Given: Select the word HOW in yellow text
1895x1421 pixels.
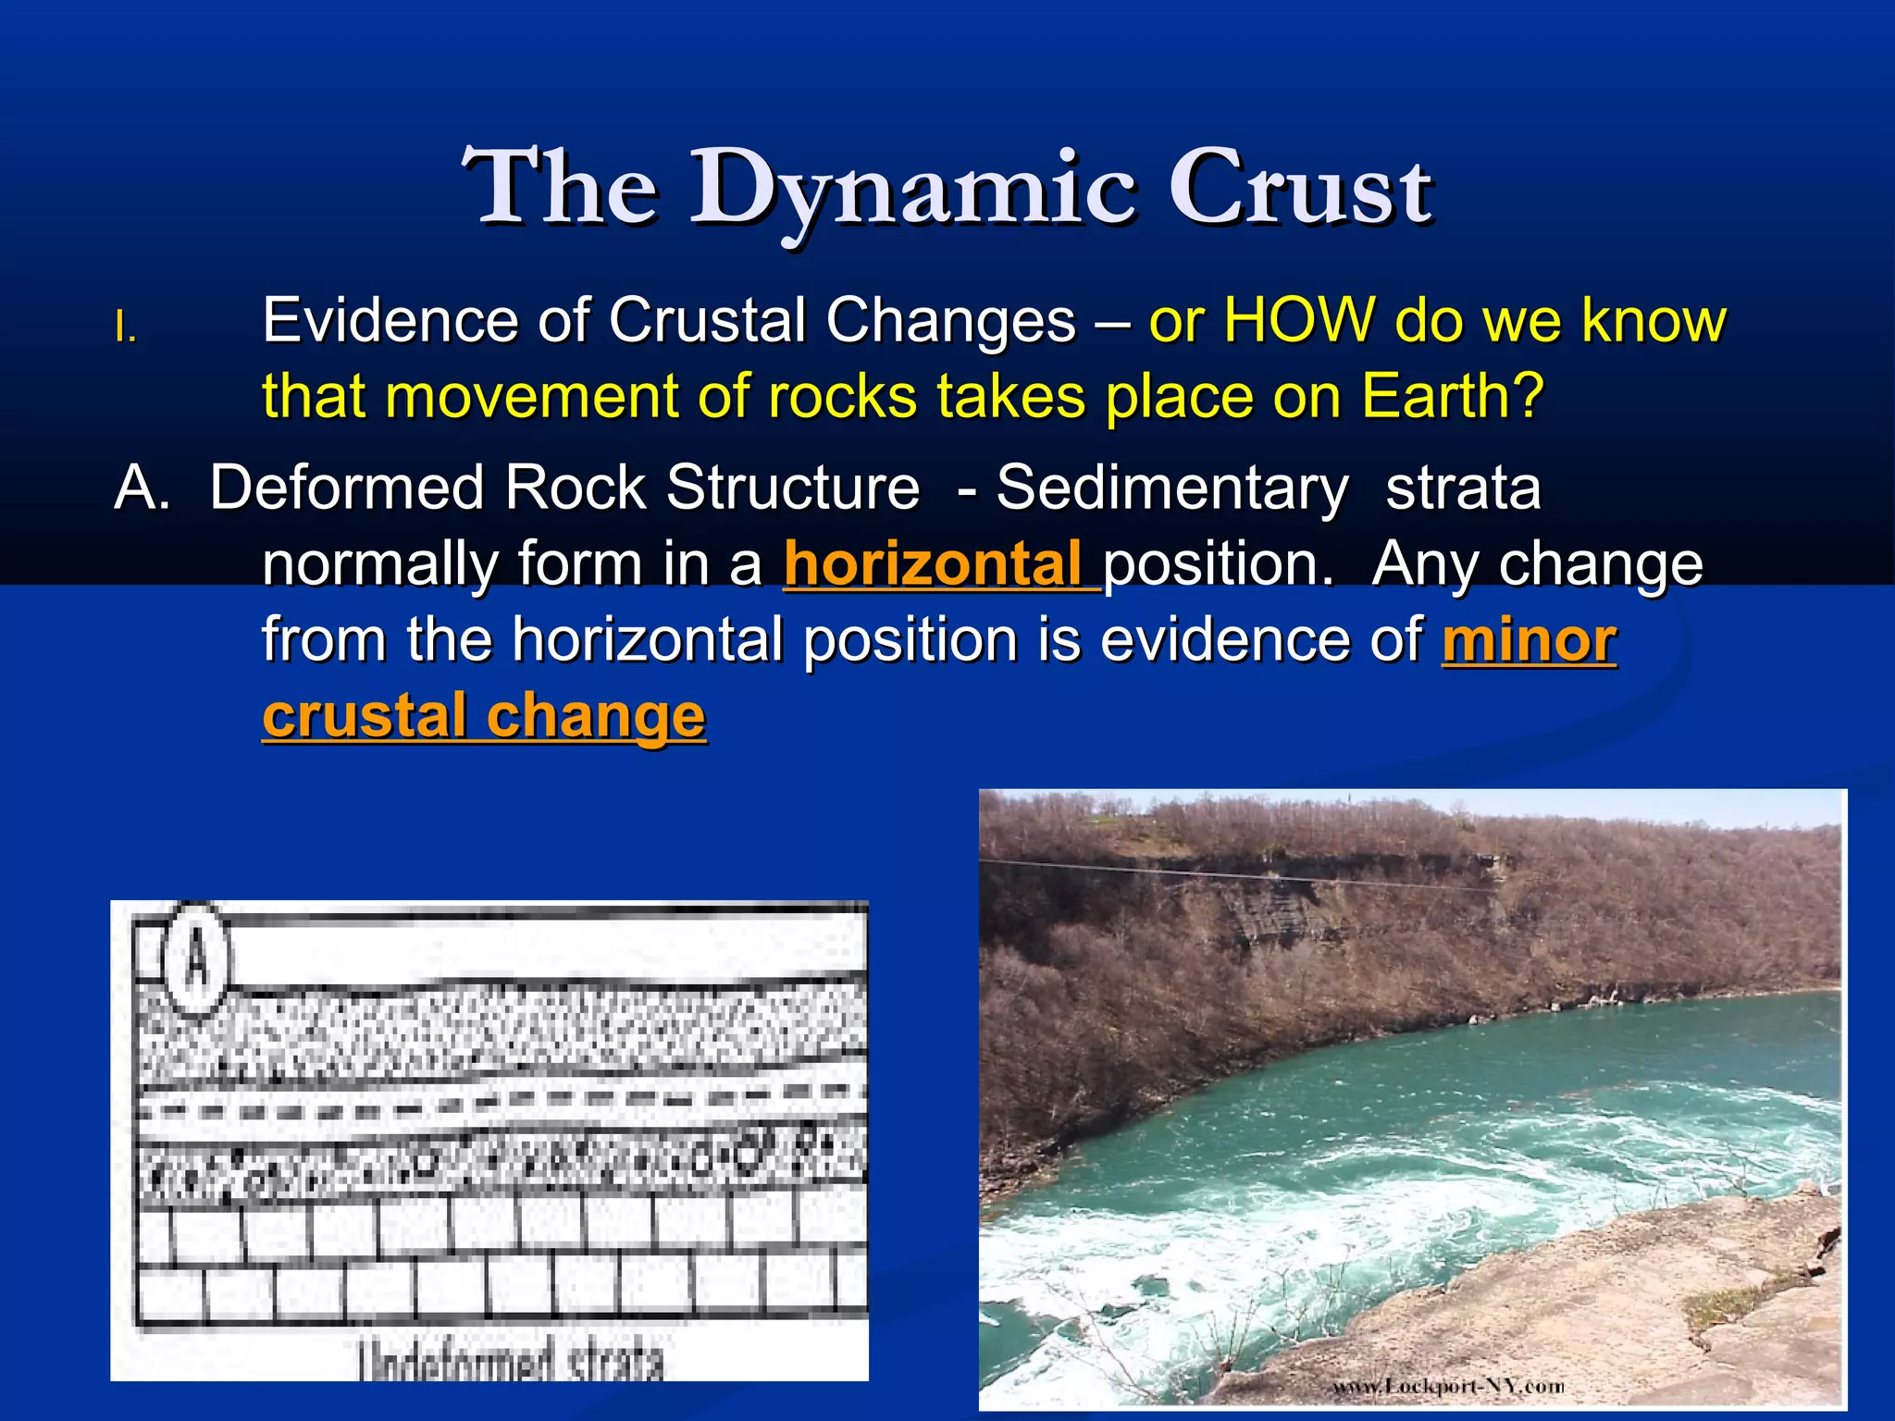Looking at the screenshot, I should point(1297,321).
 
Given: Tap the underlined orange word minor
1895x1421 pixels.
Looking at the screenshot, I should point(1529,640).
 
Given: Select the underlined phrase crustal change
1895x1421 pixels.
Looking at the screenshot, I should point(484,716).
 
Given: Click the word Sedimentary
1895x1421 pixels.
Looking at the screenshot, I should point(1171,488).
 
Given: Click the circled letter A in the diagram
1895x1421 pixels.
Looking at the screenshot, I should point(195,959).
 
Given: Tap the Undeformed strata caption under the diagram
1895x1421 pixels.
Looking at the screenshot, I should point(512,1360).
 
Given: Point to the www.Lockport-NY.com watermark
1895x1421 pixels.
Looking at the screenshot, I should point(1448,1386).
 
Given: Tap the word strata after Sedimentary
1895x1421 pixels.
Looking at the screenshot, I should point(1463,488).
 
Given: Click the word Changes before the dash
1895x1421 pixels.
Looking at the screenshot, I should point(951,321).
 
